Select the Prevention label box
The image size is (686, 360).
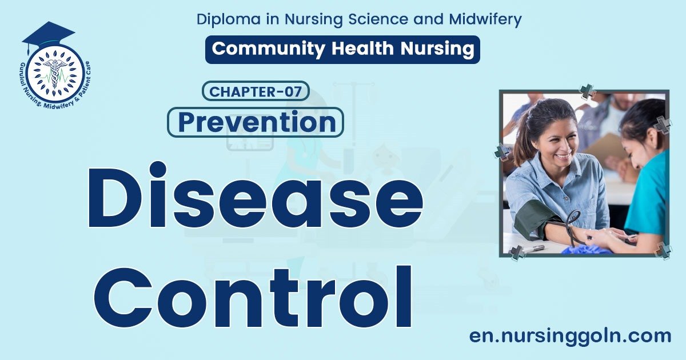coord(256,122)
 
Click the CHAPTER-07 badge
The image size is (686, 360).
coord(256,91)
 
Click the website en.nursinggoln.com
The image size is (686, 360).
coord(570,336)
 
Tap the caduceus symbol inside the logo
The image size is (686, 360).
coord(55,73)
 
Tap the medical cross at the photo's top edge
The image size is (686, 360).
coord(587,91)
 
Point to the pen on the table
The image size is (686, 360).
coord(535,248)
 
